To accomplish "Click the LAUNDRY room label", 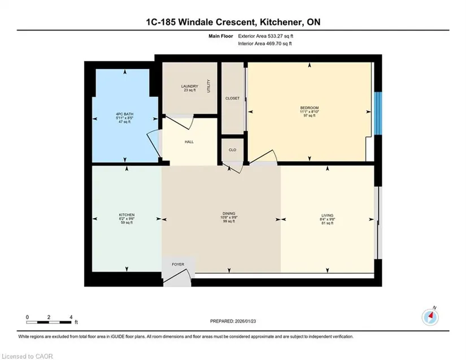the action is coord(190,86).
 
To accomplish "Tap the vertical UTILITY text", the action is coord(208,86).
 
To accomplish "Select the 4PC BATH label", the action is coord(124,114).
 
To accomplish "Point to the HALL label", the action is coord(189,142).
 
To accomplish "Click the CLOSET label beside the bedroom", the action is coord(232,98).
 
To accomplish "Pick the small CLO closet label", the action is coord(232,150).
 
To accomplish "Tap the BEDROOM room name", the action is coord(310,107).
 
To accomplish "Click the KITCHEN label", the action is coord(127,215).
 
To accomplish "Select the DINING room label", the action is coord(229,214).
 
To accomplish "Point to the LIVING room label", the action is coord(327,215).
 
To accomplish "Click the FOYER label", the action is coord(178,264).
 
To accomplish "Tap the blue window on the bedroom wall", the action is coord(378,113).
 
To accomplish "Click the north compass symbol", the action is coord(430,317).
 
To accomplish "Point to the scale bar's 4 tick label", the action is coord(71,317).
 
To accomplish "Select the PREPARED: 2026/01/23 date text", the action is coord(233,321).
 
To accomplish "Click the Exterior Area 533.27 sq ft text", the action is coord(265,36).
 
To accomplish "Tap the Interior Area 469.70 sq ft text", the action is coord(265,44).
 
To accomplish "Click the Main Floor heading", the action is coord(220,36).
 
